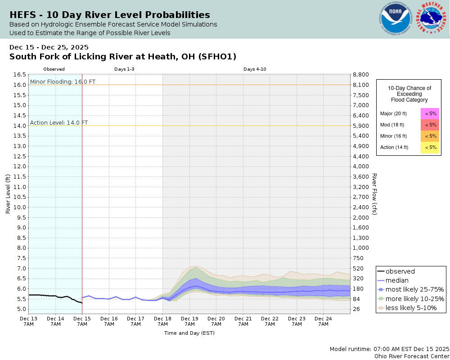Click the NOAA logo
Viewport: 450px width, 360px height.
[x=395, y=19]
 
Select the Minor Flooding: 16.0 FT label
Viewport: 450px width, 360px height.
[x=63, y=82]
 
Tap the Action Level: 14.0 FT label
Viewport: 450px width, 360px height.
[x=59, y=122]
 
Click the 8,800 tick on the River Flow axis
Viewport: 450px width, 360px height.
[x=361, y=75]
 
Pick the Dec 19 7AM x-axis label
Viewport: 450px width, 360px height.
[x=189, y=321]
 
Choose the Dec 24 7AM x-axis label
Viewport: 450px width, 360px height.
[x=323, y=321]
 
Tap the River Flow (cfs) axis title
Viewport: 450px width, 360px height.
[x=374, y=194]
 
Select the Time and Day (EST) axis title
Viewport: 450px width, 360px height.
[x=189, y=333]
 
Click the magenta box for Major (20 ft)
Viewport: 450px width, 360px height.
[x=430, y=113]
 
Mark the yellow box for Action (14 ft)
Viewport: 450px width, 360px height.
[x=430, y=147]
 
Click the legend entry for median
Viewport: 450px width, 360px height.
[x=397, y=280]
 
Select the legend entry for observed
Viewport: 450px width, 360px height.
[x=400, y=271]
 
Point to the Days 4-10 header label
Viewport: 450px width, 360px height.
[x=255, y=69]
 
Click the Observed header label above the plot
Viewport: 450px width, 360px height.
[x=54, y=69]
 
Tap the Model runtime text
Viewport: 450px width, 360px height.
[x=389, y=349]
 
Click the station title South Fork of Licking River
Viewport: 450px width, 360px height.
[x=123, y=57]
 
